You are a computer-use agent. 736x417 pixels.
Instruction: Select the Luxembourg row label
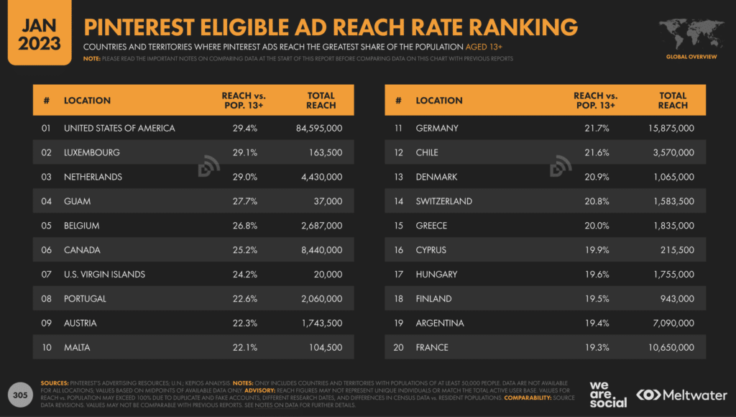tap(91, 152)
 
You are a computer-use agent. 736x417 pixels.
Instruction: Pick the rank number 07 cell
tap(47, 274)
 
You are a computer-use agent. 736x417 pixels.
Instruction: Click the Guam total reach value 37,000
tap(326, 201)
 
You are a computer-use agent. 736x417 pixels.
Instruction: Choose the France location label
tap(432, 347)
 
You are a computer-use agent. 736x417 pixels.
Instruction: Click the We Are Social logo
tap(607, 394)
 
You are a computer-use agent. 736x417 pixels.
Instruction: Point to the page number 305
tap(20, 394)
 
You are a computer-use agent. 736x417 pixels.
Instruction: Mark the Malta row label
tap(78, 347)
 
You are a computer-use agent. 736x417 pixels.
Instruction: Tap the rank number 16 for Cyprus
tap(398, 250)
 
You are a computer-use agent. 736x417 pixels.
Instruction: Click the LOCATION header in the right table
tap(439, 101)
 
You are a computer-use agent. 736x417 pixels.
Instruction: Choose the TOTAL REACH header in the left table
tap(321, 101)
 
